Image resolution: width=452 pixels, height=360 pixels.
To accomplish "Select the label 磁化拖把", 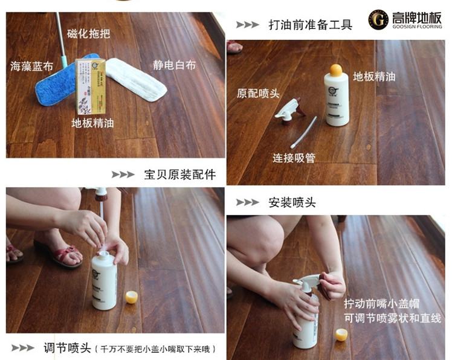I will [89, 33].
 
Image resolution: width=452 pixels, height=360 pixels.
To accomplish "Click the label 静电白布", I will [175, 65].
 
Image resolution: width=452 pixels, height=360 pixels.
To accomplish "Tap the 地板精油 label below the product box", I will [92, 123].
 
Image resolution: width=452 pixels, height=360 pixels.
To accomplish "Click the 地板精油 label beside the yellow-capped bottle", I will [374, 77].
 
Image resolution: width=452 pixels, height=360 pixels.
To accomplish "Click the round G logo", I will [378, 20].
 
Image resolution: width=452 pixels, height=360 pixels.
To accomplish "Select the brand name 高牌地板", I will [416, 17].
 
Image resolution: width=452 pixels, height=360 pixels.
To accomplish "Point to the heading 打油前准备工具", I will [310, 25].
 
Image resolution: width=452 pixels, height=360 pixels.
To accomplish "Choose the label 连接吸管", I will [294, 158].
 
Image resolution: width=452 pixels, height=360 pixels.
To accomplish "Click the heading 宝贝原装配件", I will [179, 175].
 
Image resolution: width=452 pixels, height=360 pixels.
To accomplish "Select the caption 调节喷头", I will [66, 348].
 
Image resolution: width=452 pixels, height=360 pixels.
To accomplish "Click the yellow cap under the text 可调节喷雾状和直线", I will [341, 335].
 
